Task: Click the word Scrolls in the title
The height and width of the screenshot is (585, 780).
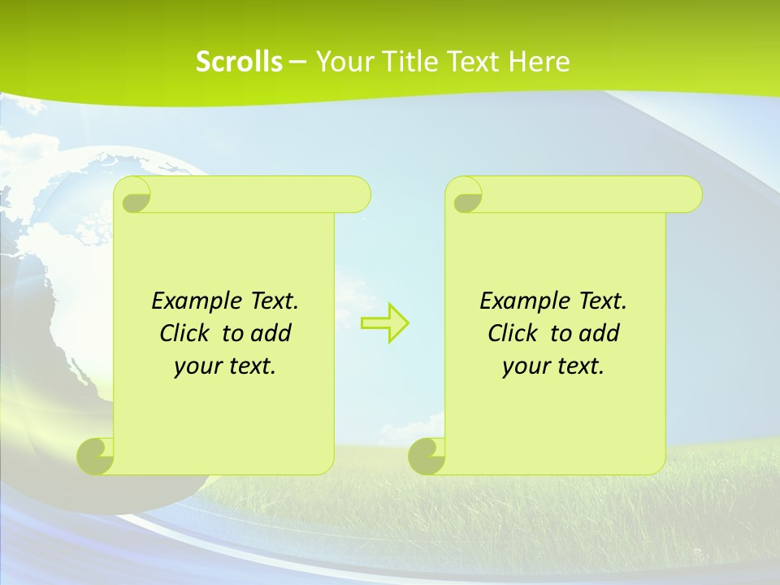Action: click(x=239, y=62)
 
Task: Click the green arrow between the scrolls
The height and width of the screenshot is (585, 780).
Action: click(x=384, y=323)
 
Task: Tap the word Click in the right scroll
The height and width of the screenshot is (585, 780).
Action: click(x=513, y=333)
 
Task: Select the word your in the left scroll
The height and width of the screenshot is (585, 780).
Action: click(x=196, y=366)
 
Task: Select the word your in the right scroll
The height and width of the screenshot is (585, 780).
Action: click(x=524, y=366)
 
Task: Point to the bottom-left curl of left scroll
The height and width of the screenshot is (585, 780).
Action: click(x=96, y=456)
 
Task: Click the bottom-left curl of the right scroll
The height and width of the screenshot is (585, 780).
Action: click(x=427, y=456)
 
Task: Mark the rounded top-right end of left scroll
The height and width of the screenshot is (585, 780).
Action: click(x=358, y=194)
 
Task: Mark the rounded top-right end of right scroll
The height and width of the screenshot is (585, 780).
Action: click(x=690, y=194)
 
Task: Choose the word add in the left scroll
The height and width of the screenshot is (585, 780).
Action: click(x=271, y=333)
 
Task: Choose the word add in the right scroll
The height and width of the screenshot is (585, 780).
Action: click(x=599, y=333)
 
